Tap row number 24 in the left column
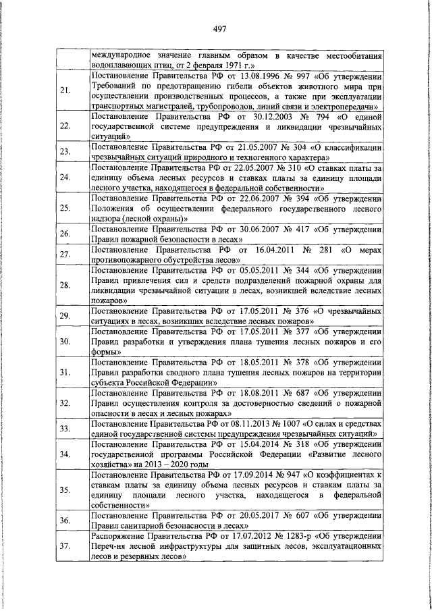tap(65, 178)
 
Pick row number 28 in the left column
tap(65, 285)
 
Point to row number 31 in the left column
tap(65, 372)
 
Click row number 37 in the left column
tap(65, 546)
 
